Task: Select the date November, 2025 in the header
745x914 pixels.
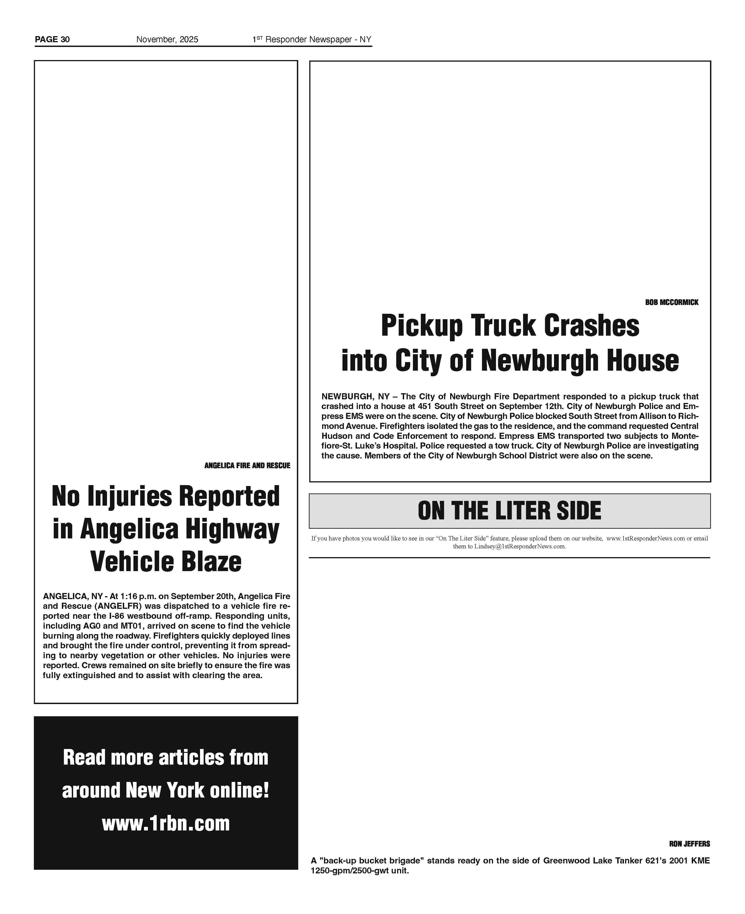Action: pos(167,40)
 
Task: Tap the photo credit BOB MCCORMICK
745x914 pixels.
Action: pos(672,302)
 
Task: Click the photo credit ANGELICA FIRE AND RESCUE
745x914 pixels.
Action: pos(247,466)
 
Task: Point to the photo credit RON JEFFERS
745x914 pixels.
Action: pos(689,844)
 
